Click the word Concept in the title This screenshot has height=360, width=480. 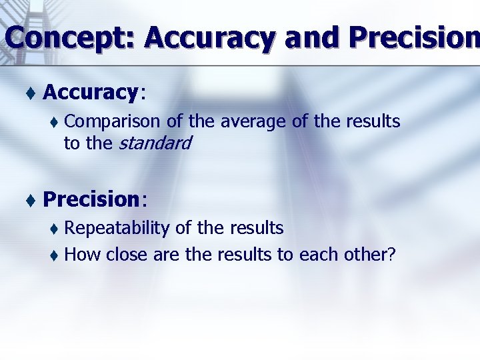pos(69,38)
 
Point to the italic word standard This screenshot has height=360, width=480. pos(154,143)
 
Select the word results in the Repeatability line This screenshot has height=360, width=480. pos(257,229)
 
